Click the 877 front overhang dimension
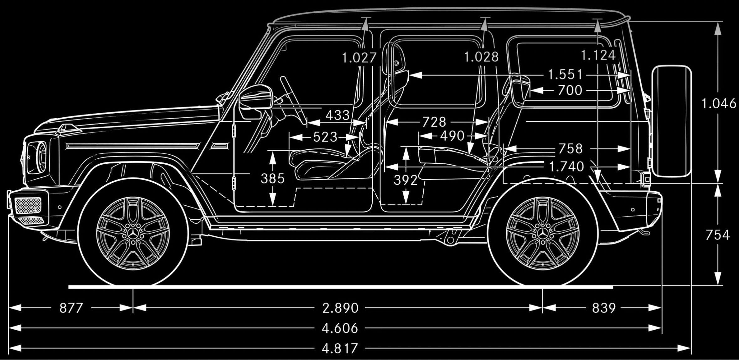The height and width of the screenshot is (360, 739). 71,308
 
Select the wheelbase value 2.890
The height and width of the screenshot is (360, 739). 340,308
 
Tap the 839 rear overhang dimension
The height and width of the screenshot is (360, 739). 604,308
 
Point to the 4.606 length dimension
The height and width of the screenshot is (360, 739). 340,328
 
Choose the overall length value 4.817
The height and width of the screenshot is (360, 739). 340,348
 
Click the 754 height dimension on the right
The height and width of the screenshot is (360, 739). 717,235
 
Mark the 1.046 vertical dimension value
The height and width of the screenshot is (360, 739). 719,104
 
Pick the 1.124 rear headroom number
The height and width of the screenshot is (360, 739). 598,55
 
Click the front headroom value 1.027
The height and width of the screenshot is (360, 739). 359,58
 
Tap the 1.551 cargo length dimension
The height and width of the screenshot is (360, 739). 565,75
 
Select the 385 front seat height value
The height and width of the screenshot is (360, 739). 273,179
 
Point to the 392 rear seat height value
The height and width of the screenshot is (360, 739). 406,180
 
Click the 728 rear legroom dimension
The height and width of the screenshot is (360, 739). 434,122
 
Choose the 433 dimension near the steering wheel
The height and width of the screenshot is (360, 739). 338,116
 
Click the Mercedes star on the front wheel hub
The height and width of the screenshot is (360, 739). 133,233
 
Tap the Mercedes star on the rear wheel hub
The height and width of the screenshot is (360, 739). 543,233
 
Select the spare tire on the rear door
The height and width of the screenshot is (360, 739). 672,121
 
